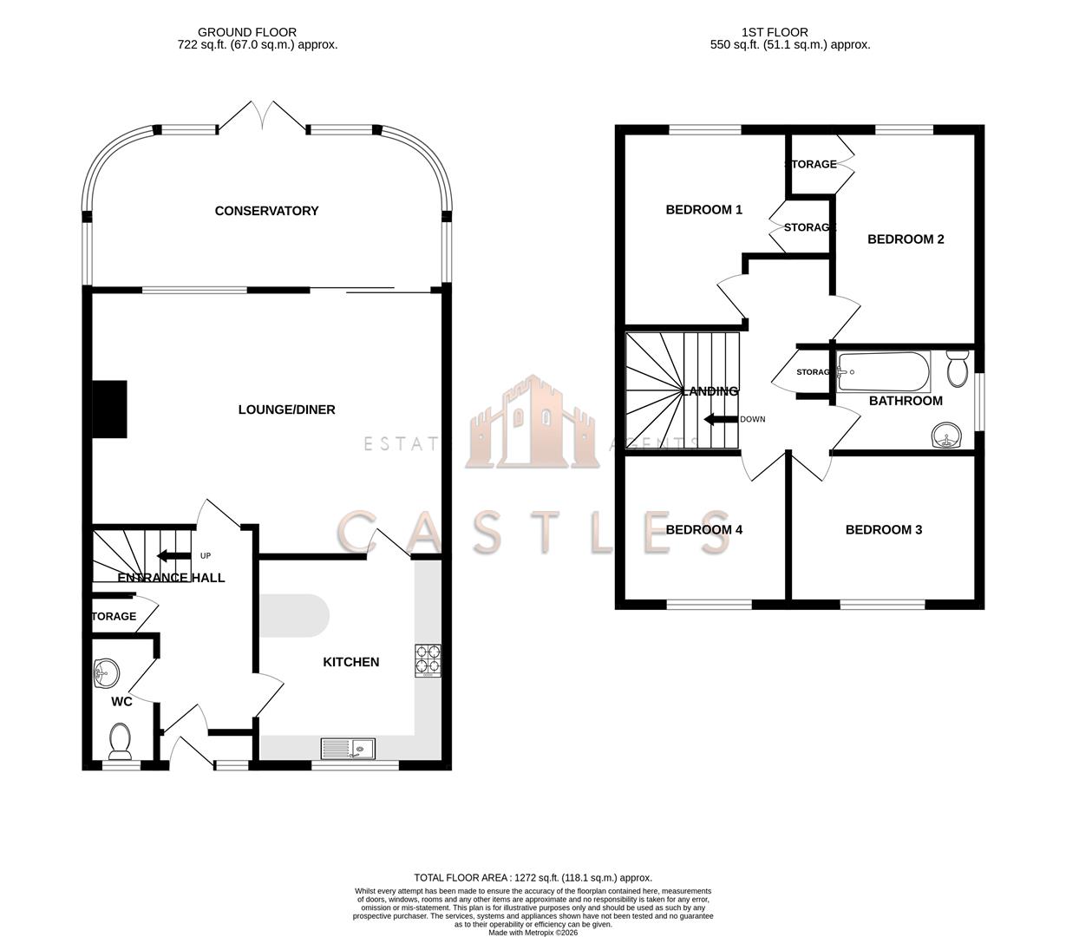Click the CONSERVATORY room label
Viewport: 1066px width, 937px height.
click(266, 211)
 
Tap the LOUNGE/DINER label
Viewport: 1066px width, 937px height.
click(286, 410)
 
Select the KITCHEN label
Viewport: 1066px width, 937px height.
click(350, 662)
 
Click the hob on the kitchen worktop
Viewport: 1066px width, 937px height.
click(428, 659)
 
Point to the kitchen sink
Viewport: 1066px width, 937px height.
click(348, 748)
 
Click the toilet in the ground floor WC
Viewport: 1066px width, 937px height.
click(121, 740)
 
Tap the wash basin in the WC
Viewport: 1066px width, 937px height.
click(106, 672)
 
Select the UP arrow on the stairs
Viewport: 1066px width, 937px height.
click(173, 556)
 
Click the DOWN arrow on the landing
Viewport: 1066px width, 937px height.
click(720, 420)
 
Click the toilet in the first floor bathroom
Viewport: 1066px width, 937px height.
click(958, 369)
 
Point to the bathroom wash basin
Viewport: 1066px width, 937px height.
click(948, 436)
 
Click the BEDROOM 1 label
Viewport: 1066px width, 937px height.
click(703, 209)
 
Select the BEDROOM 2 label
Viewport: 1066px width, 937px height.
click(906, 239)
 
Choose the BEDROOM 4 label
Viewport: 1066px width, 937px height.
click(703, 530)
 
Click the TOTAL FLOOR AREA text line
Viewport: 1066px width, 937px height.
click(533, 878)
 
